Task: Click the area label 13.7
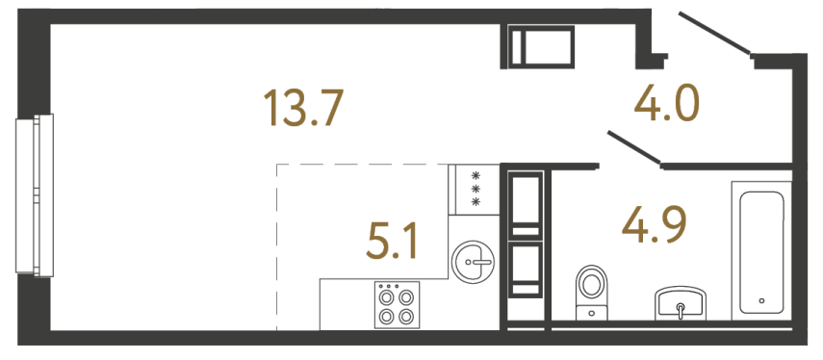tap(304, 108)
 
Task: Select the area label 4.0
tap(665, 103)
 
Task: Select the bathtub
tap(759, 248)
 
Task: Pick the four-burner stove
tap(397, 305)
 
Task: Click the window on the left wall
tap(34, 193)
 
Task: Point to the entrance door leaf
tap(714, 33)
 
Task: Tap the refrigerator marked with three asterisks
tap(473, 190)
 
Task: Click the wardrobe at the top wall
tap(540, 46)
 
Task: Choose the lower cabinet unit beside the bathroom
tap(526, 269)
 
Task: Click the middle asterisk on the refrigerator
tap(475, 189)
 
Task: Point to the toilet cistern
tap(591, 312)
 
